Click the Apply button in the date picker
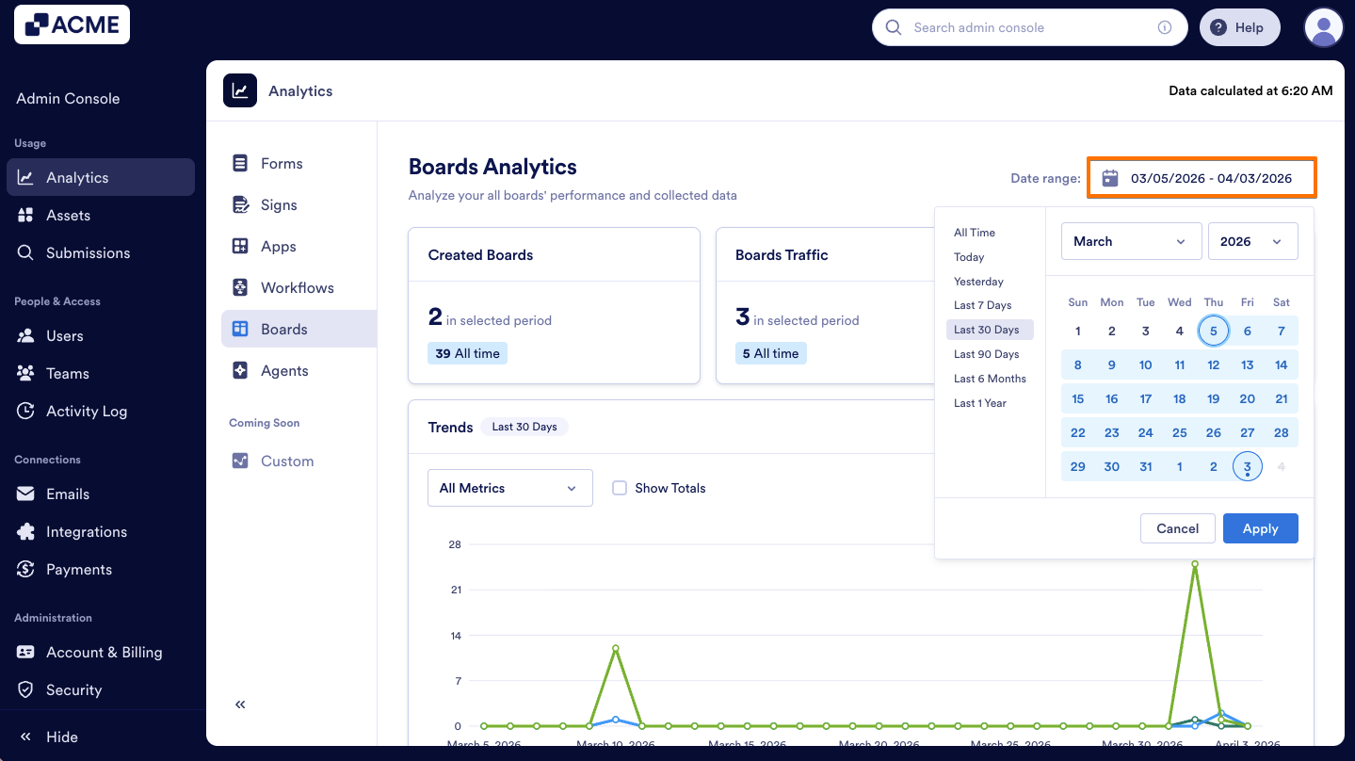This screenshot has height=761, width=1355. [x=1260, y=528]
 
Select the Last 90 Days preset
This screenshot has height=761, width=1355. [x=986, y=354]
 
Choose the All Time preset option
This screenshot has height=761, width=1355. [x=974, y=233]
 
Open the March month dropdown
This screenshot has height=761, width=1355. [x=1131, y=241]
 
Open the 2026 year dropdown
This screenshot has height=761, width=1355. [x=1252, y=241]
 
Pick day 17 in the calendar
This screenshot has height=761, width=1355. [x=1145, y=398]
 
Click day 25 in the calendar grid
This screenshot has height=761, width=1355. [x=1179, y=432]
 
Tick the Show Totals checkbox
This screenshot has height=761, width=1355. [x=620, y=488]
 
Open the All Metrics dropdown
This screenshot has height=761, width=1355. [x=509, y=488]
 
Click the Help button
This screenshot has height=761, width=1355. [x=1239, y=27]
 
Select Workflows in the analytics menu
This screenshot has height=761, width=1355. [x=297, y=288]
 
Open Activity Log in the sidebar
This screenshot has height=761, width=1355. [x=86, y=412]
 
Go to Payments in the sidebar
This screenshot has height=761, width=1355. [x=78, y=570]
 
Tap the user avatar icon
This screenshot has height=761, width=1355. [x=1323, y=27]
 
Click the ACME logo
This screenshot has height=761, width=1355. [x=73, y=25]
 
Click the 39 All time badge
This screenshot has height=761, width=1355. [x=467, y=353]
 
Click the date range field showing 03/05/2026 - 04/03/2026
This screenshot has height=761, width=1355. [x=1202, y=178]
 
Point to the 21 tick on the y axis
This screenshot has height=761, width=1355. [x=456, y=590]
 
